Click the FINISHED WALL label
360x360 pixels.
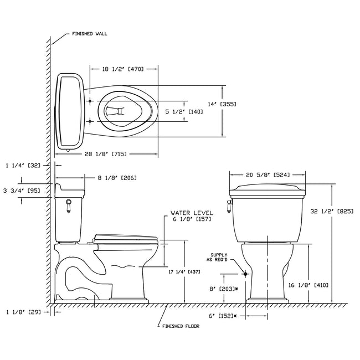89,34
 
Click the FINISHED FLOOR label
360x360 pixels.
180,326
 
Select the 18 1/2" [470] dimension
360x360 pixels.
123,69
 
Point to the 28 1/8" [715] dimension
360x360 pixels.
107,153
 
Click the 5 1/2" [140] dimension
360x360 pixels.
184,112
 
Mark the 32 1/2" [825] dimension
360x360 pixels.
338,211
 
